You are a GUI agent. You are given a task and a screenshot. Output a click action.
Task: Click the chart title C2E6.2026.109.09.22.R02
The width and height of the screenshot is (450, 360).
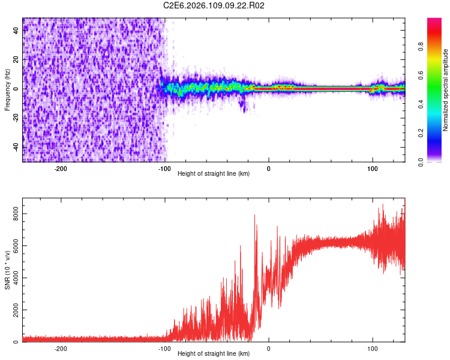(x=214, y=5)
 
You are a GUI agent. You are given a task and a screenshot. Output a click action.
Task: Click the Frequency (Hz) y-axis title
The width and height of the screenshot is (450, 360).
(x=7, y=89)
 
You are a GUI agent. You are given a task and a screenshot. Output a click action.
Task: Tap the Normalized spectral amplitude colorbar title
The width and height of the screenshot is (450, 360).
(x=445, y=89)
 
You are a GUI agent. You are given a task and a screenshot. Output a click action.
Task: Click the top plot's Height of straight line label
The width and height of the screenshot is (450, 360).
(x=214, y=173)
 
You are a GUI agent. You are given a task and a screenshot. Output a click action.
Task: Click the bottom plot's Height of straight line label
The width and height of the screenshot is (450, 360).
(x=214, y=353)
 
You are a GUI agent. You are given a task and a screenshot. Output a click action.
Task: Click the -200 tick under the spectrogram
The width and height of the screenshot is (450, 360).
(x=61, y=167)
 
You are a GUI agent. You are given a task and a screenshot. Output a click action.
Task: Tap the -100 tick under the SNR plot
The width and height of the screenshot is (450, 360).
(x=164, y=347)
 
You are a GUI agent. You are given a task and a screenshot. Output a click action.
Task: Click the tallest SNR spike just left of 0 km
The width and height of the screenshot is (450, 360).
(x=255, y=215)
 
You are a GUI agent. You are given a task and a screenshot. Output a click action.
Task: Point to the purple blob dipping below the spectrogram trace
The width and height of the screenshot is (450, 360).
(x=243, y=107)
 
